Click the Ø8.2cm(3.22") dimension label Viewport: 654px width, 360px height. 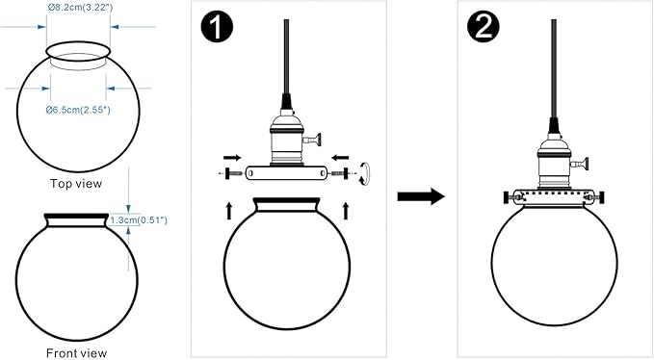(80, 8)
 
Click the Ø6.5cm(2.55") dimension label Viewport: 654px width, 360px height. (78, 110)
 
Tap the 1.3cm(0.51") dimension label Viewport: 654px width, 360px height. (139, 220)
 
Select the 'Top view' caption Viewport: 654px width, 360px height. (76, 183)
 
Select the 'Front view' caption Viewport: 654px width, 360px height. (76, 353)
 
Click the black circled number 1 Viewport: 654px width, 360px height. (217, 27)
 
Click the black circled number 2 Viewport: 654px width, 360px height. (483, 27)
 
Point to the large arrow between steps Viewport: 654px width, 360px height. (421, 196)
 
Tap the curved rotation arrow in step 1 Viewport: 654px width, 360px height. (364, 173)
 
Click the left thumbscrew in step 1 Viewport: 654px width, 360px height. (234, 173)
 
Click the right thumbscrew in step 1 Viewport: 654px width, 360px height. (340, 173)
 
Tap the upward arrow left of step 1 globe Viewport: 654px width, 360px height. (229, 211)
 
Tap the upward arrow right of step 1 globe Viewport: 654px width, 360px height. (346, 211)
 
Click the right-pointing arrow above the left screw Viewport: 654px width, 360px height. (232, 158)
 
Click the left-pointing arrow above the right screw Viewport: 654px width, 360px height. (340, 158)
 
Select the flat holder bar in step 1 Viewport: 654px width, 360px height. (287, 173)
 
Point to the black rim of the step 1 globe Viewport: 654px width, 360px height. (287, 200)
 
